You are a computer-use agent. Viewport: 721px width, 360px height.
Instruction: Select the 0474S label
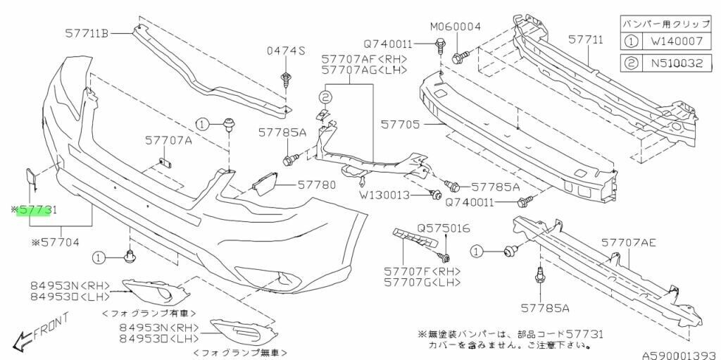click(285, 51)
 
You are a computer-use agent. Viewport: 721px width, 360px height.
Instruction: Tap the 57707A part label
click(169, 142)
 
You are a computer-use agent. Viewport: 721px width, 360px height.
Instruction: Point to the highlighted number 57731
click(37, 210)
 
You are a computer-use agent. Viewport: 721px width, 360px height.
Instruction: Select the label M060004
click(456, 27)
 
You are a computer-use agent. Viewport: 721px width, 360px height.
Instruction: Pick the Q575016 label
click(443, 228)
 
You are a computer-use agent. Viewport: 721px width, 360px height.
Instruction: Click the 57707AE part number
click(629, 242)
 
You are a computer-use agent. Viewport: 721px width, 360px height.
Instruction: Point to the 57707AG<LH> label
click(353, 70)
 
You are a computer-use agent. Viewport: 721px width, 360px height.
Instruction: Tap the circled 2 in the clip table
click(631, 63)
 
